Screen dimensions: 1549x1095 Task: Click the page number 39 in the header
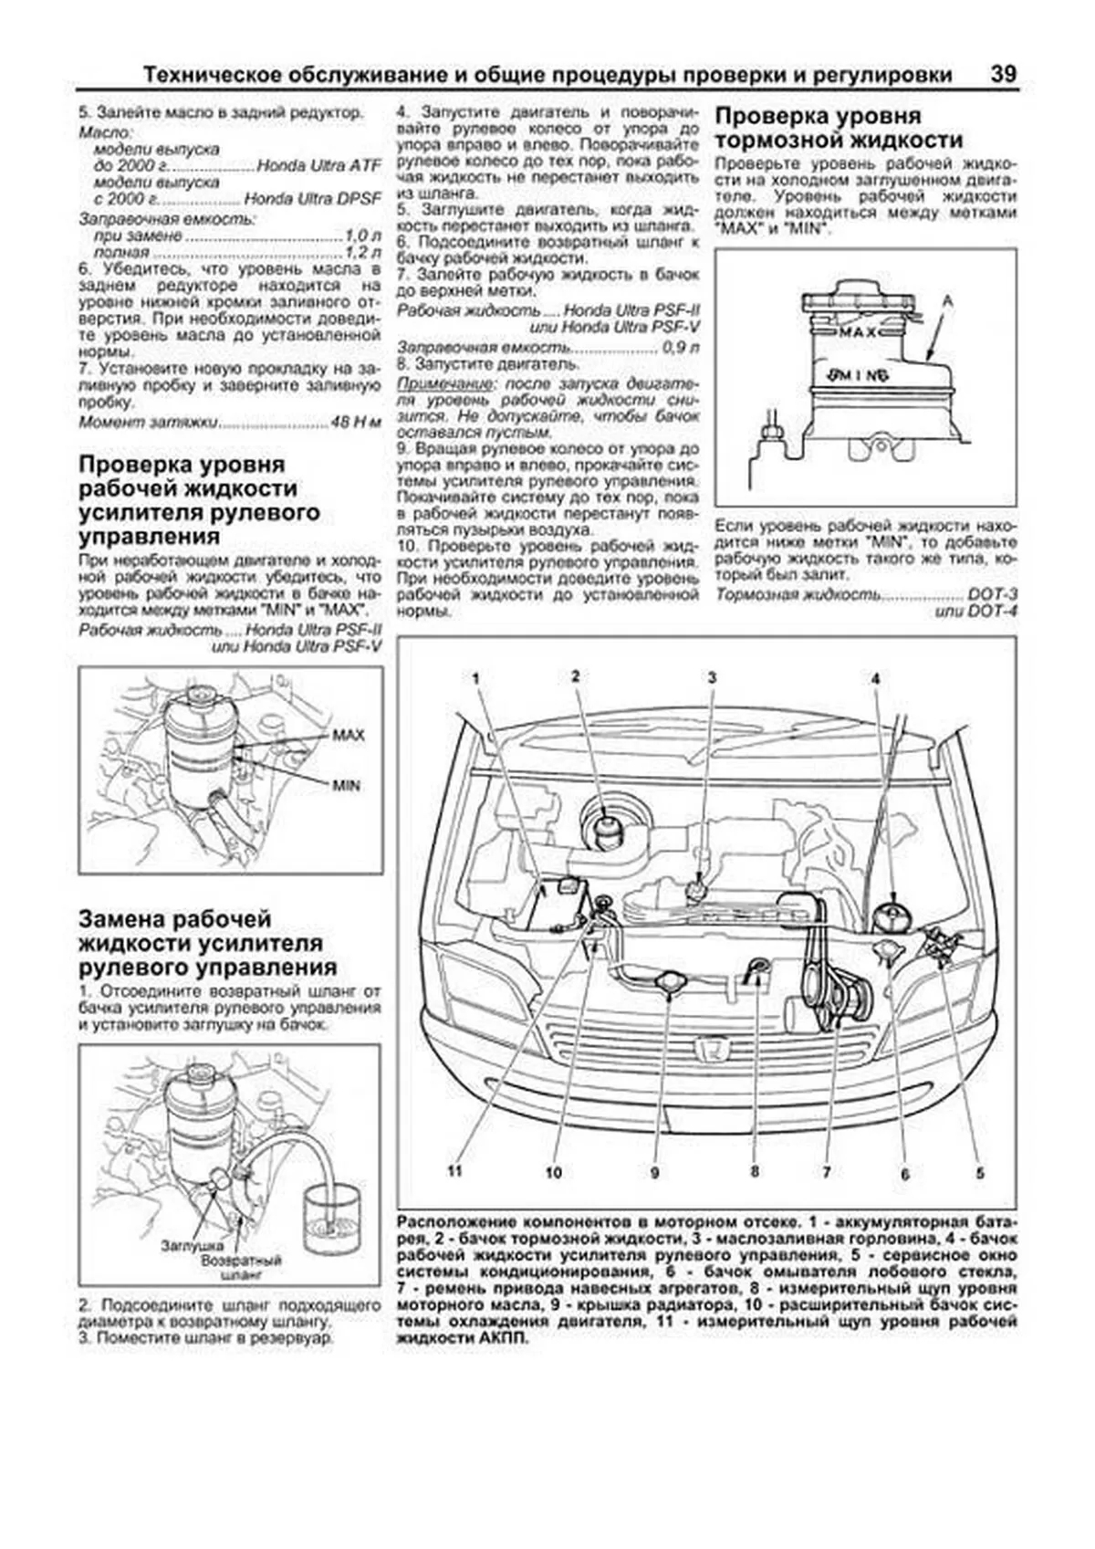tap(1003, 74)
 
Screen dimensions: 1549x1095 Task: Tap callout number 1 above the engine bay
tap(475, 677)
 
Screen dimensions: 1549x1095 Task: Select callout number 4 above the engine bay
tap(874, 679)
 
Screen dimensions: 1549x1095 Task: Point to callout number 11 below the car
tap(455, 1171)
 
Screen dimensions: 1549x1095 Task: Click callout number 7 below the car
tap(825, 1171)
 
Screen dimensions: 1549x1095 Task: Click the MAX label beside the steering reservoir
tap(348, 735)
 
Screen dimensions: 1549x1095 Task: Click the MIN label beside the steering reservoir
tap(346, 785)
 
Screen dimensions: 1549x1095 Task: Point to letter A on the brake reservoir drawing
tap(947, 299)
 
